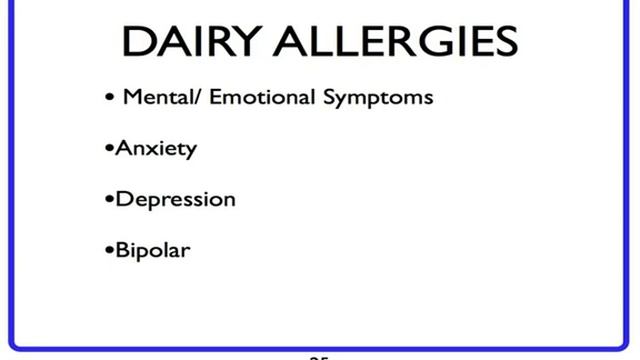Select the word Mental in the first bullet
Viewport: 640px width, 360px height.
click(150, 98)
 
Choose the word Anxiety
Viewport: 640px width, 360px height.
click(156, 149)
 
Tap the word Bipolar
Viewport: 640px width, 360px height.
click(153, 249)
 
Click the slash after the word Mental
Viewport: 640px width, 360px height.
click(186, 98)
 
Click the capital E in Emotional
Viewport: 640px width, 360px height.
click(201, 98)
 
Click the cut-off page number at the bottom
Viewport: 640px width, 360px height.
click(319, 356)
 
